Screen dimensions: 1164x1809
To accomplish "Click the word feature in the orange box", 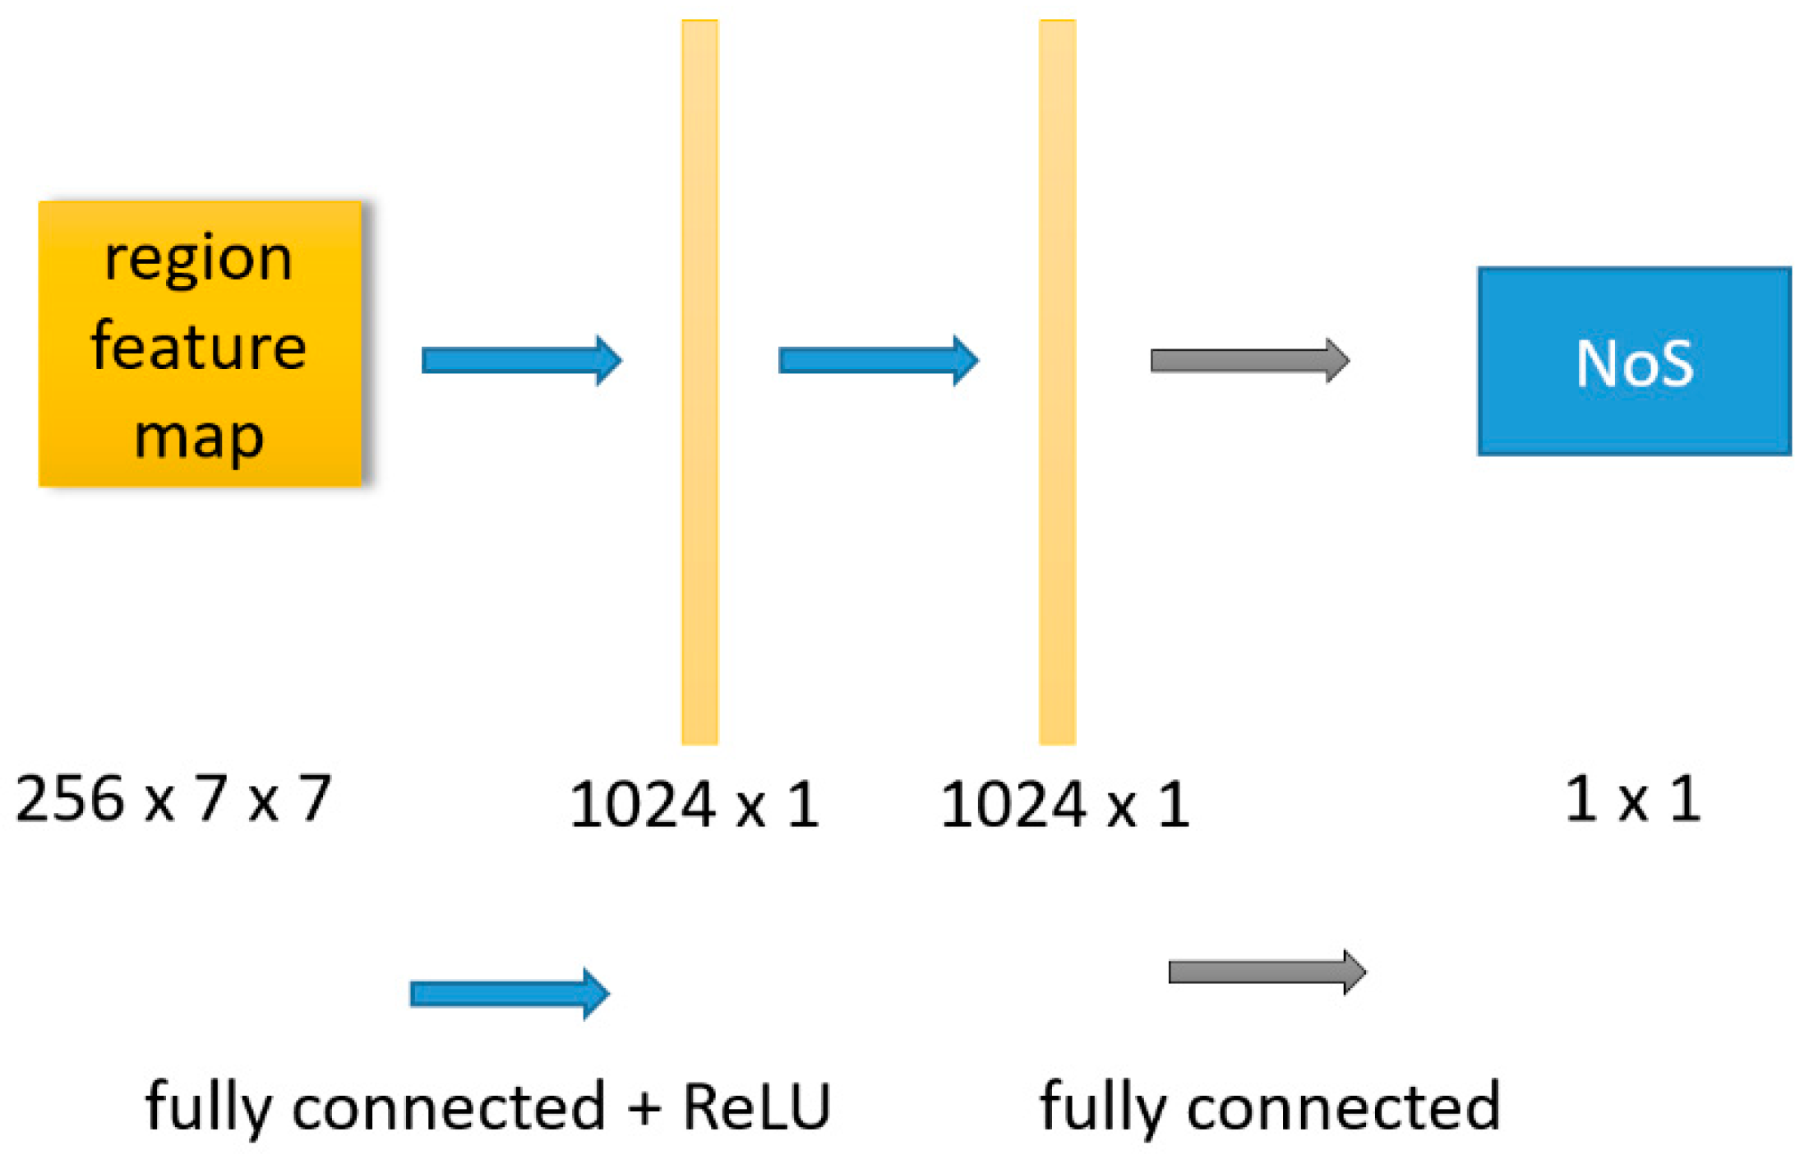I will coord(198,347).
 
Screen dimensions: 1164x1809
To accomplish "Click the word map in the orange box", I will coord(198,436).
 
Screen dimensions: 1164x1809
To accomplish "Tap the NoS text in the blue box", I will coord(1633,363).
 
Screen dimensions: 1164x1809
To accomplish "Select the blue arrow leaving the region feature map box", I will coord(521,360).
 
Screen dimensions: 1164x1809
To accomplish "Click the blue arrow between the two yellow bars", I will coord(878,360).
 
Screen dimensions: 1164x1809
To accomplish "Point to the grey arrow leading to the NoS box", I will coord(1249,360).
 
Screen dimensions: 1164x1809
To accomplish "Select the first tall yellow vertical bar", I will coord(699,382).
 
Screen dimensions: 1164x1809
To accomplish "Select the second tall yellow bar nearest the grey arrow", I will coord(1057,382).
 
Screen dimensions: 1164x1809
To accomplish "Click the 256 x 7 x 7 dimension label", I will coord(173,799).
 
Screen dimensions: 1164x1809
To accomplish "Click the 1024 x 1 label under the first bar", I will coord(695,805).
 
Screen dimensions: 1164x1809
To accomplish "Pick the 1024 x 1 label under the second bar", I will coord(1064,805).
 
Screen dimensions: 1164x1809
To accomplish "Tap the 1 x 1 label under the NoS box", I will coord(1631,799).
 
